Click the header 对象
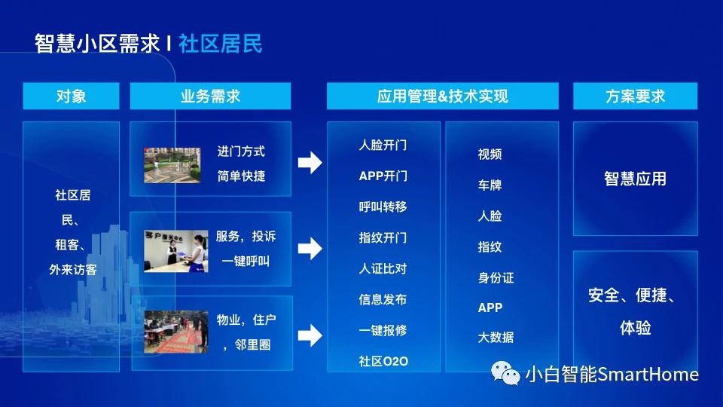click(71, 96)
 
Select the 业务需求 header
click(210, 96)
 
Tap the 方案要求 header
click(635, 96)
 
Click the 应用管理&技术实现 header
click(443, 96)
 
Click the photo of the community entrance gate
click(172, 165)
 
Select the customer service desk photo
click(175, 251)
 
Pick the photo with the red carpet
click(175, 332)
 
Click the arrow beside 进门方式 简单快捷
click(310, 163)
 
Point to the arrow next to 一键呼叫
click(310, 249)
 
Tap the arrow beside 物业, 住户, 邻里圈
click(310, 335)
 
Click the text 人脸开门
click(383, 145)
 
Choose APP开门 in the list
click(383, 176)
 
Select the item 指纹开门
click(383, 237)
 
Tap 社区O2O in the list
click(383, 361)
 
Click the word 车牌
click(490, 185)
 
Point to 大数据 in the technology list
click(496, 338)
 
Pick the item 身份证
click(496, 278)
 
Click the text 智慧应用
click(635, 179)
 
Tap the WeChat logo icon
click(505, 373)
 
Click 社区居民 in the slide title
click(221, 44)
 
